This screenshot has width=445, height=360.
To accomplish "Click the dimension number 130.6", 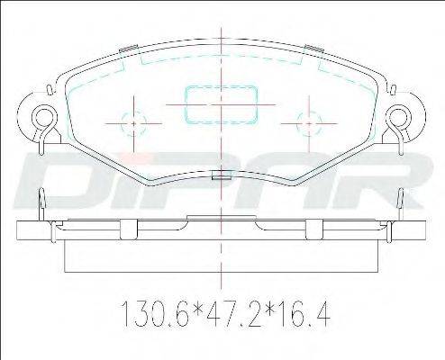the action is pos(155,314).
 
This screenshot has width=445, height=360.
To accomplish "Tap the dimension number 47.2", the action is pos(228,314).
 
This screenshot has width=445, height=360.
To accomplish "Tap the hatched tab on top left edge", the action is pos(129,49).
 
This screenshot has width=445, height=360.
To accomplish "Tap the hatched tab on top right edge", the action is pos(313,49).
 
